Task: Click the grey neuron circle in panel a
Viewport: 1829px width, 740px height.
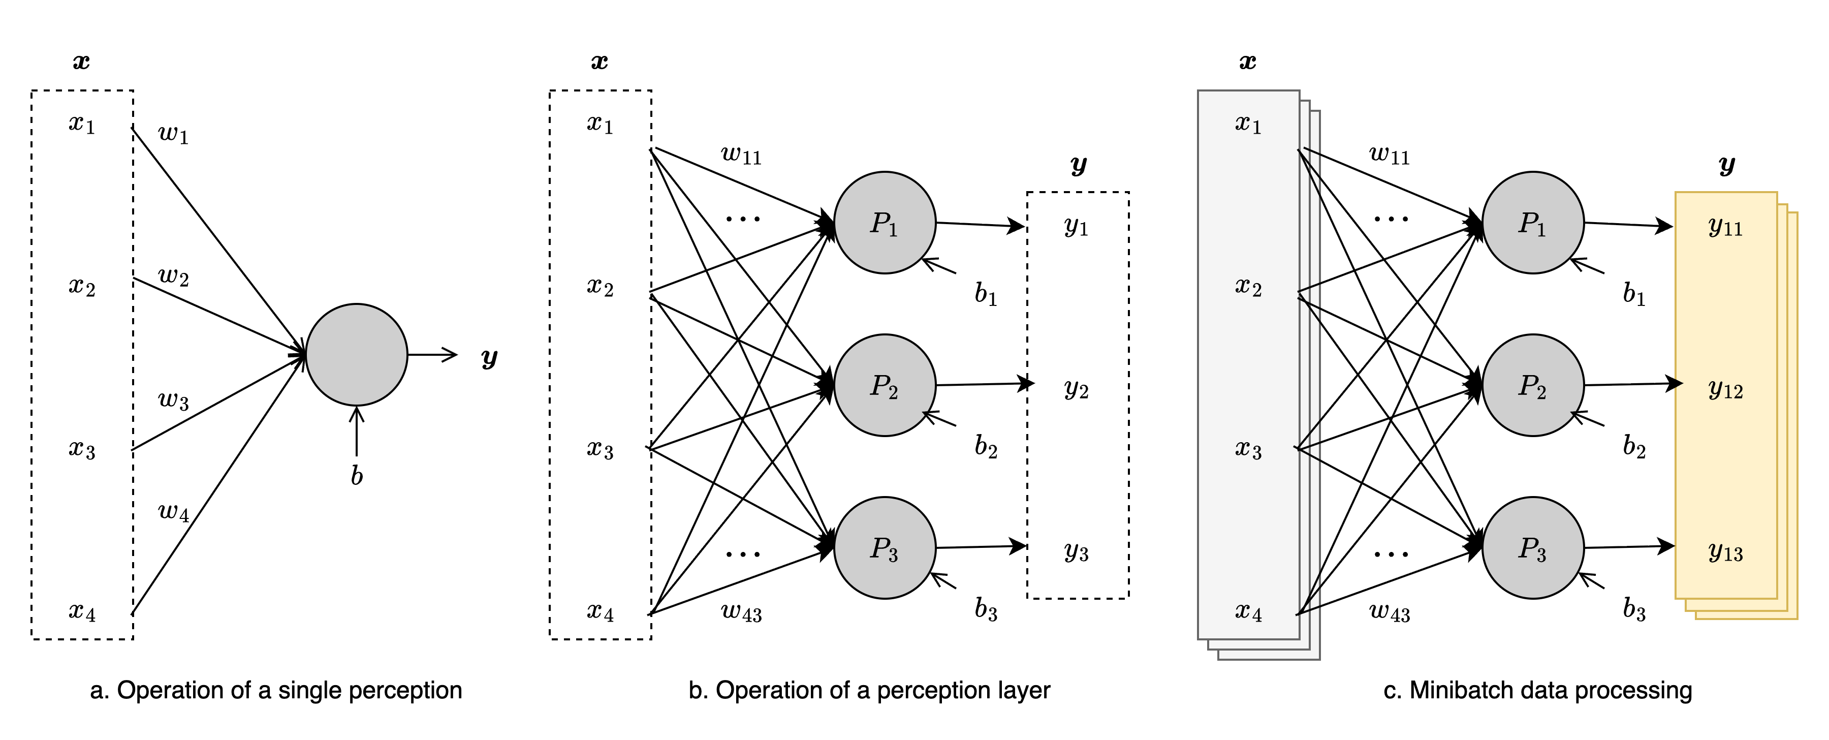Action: point(357,354)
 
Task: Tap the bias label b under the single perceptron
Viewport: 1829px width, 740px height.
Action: point(357,475)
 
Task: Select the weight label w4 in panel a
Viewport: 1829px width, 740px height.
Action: point(173,511)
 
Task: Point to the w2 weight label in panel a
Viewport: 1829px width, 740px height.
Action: point(173,276)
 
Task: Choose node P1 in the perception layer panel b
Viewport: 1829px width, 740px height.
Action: point(884,223)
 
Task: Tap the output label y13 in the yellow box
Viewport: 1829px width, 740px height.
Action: point(1725,552)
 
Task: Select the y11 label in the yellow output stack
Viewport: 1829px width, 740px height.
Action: point(1725,227)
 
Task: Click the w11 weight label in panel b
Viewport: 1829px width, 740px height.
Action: point(741,154)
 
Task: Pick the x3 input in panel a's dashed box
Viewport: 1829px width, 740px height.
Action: point(82,449)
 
